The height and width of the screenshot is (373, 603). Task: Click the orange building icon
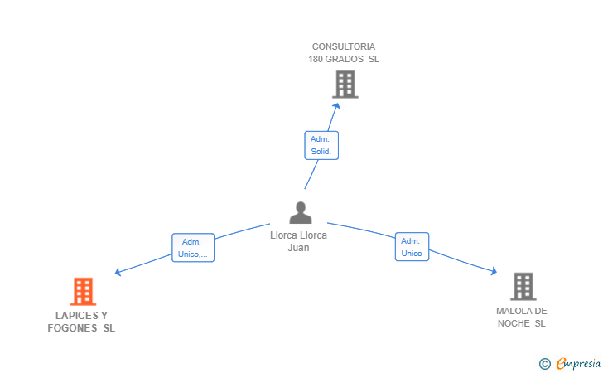(x=83, y=291)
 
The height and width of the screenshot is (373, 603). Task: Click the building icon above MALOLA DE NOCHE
(x=523, y=286)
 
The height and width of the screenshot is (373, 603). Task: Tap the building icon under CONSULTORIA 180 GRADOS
(x=345, y=84)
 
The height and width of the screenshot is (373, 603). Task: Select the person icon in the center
(x=300, y=213)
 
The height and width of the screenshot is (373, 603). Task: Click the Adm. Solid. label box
(x=321, y=145)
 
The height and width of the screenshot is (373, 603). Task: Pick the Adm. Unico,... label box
(x=193, y=248)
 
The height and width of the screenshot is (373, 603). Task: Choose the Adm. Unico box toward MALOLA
(x=412, y=247)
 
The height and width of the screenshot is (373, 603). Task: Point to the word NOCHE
(x=514, y=323)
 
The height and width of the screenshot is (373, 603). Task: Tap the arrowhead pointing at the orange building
(x=118, y=272)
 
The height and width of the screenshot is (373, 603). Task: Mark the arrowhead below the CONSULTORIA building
(x=335, y=105)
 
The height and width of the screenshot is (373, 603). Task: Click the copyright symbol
(x=544, y=363)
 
